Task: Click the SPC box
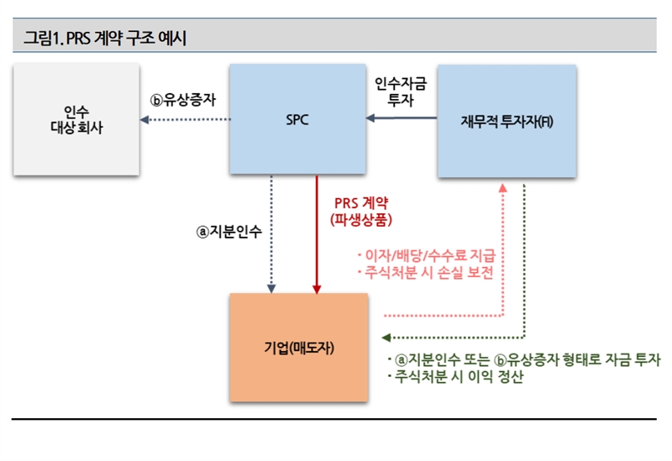tap(297, 120)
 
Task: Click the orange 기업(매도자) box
tap(299, 347)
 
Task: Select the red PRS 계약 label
tap(362, 203)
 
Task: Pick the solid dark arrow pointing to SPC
tap(403, 119)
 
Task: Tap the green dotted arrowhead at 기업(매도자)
tap(386, 338)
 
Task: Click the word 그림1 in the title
tap(41, 37)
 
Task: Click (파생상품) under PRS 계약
tap(362, 220)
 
